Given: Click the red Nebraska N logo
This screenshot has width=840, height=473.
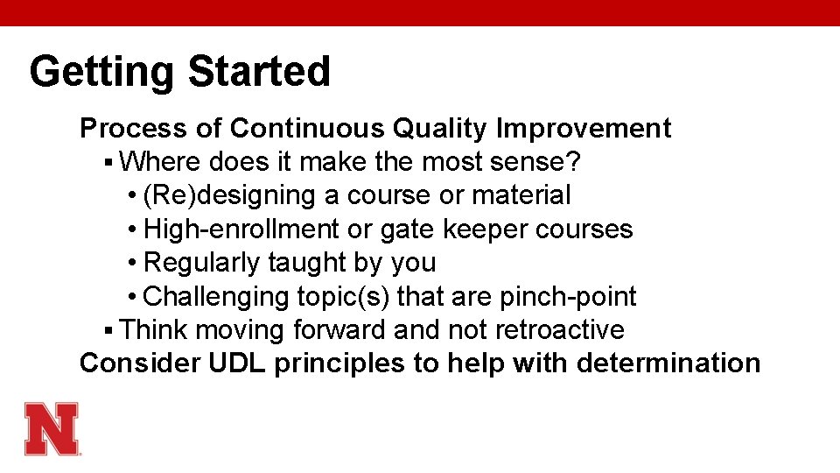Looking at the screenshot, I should (52, 428).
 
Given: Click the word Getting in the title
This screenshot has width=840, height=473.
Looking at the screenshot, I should (102, 73).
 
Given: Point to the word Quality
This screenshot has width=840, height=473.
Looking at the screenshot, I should (441, 129).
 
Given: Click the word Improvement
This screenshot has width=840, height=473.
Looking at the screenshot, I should (584, 129).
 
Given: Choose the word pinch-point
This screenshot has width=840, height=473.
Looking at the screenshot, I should (568, 297).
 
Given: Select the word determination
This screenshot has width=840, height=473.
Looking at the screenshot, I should (668, 364).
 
